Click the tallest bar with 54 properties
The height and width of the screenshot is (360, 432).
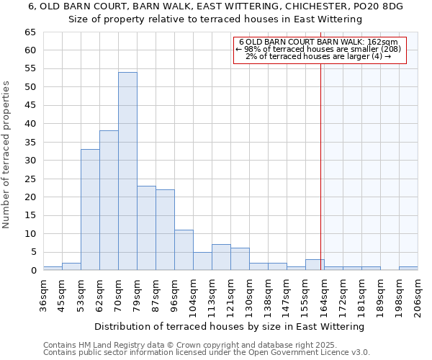click(127, 171)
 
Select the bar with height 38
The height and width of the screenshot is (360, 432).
click(109, 200)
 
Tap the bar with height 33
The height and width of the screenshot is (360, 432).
click(90, 210)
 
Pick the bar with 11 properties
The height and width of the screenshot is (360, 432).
click(184, 250)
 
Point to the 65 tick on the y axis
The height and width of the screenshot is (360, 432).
click(30, 32)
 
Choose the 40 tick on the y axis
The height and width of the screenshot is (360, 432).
click(30, 124)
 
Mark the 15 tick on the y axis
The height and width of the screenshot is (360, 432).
click(30, 215)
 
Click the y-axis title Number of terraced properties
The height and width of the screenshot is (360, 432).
click(7, 154)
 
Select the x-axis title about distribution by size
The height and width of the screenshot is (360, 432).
click(229, 326)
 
